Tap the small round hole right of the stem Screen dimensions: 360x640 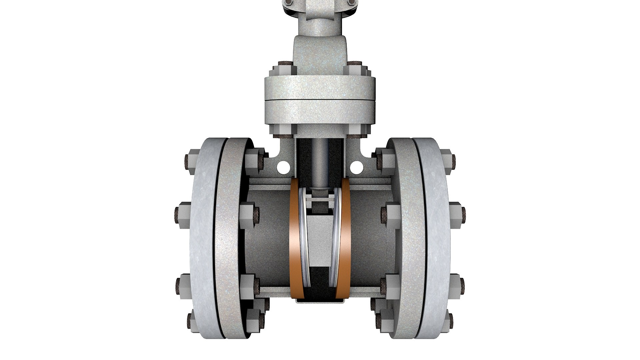(x=356, y=165)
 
